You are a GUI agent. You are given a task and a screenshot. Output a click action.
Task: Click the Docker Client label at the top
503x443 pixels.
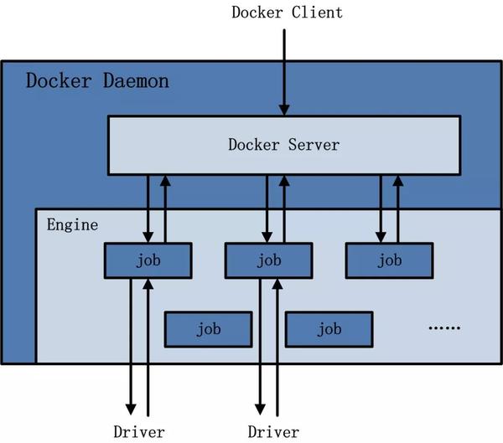tap(286, 13)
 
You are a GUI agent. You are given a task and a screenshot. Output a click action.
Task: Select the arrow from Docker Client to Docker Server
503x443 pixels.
tap(284, 71)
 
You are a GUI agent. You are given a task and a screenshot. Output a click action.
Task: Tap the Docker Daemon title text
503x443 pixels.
tap(97, 81)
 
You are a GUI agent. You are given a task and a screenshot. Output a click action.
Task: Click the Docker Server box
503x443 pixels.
tap(283, 145)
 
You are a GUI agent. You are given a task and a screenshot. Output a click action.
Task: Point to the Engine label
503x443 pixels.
tap(72, 224)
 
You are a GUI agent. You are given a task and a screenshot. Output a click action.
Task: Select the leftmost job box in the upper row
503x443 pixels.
tap(148, 260)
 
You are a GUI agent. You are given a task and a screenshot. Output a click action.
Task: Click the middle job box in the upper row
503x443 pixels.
tap(268, 260)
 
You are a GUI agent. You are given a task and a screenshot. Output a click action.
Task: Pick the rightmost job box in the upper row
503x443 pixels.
tap(389, 260)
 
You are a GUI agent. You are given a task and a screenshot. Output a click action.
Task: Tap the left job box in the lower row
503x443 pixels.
tap(208, 329)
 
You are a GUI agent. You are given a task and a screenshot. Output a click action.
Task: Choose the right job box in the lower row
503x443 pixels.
tap(329, 329)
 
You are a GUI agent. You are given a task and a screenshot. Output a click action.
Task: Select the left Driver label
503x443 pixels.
tap(139, 432)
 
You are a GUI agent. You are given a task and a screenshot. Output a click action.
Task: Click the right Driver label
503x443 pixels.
tap(273, 432)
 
